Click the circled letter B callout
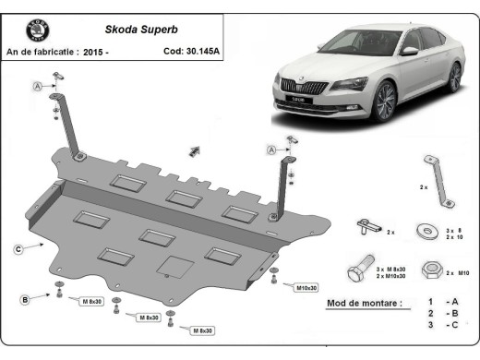click(x=25, y=298)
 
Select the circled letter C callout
click(x=18, y=247)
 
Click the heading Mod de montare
click(x=365, y=303)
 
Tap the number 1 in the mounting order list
click(x=430, y=302)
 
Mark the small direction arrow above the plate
click(x=196, y=150)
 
